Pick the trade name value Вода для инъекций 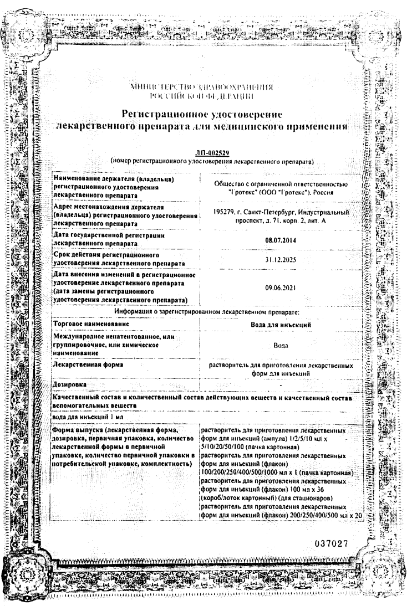283,323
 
